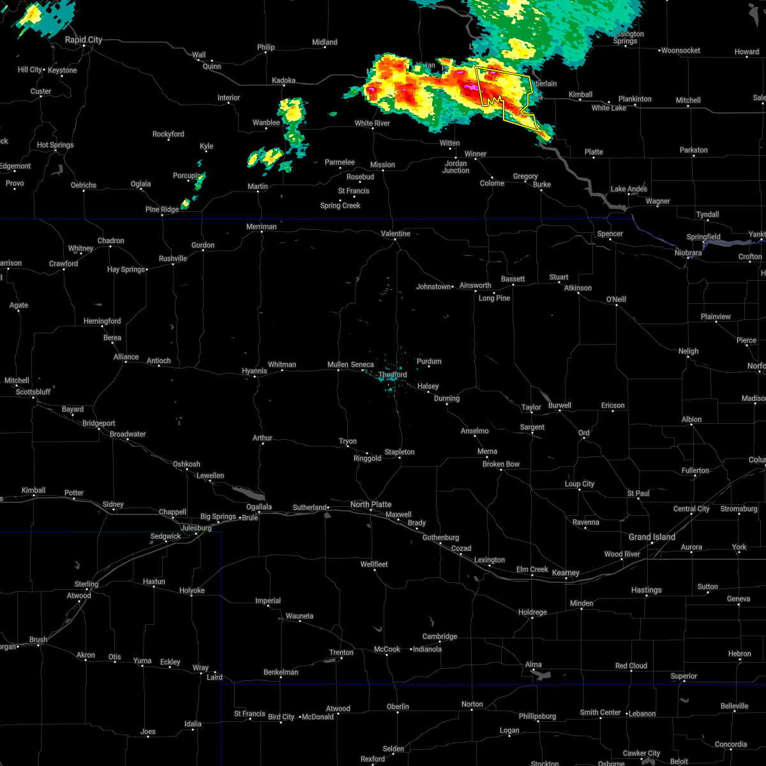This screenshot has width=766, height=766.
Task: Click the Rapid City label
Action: pos(83,40)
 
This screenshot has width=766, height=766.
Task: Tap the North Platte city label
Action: pos(371,504)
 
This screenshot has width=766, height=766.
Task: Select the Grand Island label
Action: pos(652,537)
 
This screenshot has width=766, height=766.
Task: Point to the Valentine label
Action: pos(396,234)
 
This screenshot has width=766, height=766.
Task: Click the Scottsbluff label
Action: pos(33,392)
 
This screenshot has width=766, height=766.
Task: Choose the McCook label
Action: pos(387,649)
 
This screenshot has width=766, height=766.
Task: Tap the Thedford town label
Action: pos(393,375)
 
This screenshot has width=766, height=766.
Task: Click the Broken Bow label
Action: pos(501,464)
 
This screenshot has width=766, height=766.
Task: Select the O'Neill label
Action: pos(616,299)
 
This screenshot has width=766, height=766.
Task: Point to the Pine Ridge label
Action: pos(162,209)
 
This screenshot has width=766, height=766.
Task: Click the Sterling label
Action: pos(86,584)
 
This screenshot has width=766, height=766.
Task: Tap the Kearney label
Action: pos(566,573)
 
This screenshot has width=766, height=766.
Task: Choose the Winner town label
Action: pos(476,154)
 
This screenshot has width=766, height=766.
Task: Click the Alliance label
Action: pos(126,357)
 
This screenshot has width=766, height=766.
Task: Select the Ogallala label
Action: pos(260,507)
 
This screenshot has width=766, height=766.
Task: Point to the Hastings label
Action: pos(647,590)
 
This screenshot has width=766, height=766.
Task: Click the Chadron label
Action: pos(110,241)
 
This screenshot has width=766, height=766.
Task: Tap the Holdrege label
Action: pos(532,612)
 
